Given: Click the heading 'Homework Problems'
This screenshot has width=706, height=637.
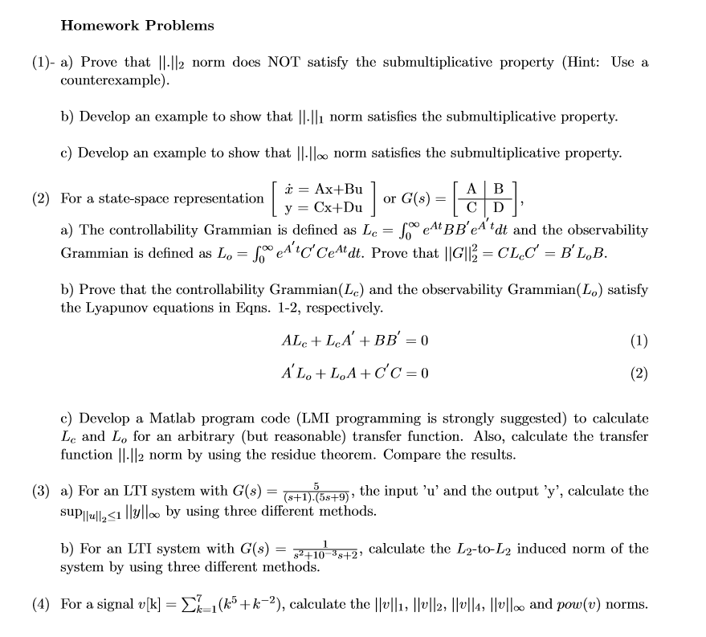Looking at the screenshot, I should (x=137, y=26).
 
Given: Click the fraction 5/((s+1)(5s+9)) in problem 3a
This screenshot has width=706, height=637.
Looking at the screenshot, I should (x=319, y=492).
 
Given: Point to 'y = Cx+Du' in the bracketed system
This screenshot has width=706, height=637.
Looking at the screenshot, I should (x=319, y=207).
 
